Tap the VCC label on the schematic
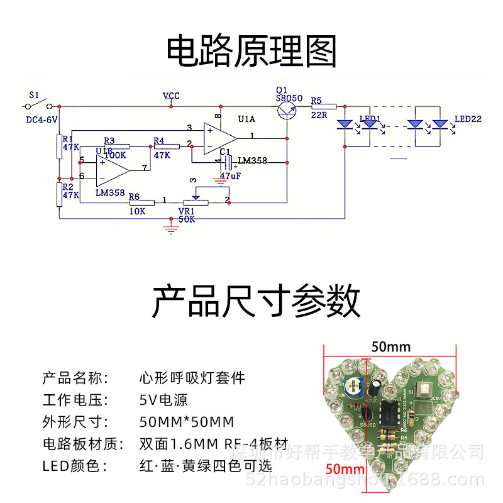click(x=171, y=96)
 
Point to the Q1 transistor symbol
click(x=287, y=110)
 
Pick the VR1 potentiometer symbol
click(x=197, y=200)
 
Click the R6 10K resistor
click(x=141, y=202)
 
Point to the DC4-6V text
click(x=41, y=119)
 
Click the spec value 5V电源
click(x=163, y=400)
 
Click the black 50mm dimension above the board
click(x=390, y=346)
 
